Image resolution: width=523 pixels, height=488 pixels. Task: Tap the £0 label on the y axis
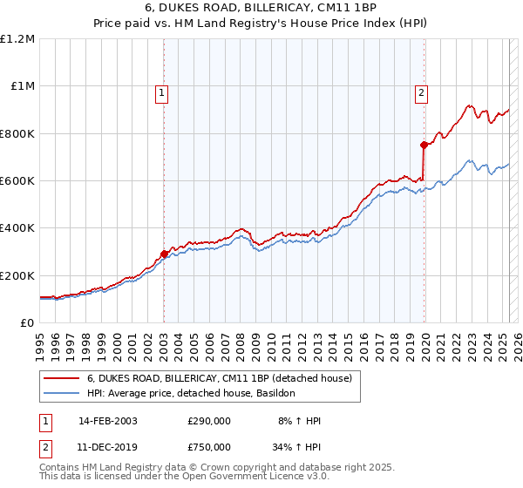tap(26, 322)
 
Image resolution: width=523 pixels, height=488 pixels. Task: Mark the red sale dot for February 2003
tap(164, 254)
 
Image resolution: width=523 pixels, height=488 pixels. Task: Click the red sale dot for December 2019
tap(424, 146)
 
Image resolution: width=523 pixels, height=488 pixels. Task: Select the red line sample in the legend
tap(62, 379)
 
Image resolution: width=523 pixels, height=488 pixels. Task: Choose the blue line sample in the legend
tap(62, 394)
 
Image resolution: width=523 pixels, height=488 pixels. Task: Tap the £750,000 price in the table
tap(209, 447)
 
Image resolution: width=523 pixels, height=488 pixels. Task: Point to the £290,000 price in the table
tap(209, 422)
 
